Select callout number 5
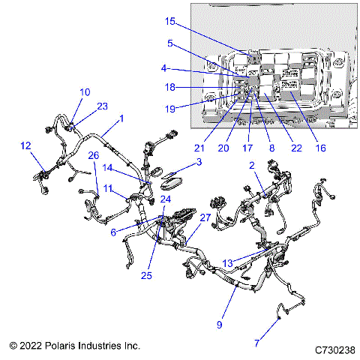click(x=171, y=43)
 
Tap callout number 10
click(x=85, y=92)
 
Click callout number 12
click(x=25, y=145)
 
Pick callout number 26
click(x=93, y=155)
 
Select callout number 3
click(x=198, y=161)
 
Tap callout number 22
click(x=296, y=148)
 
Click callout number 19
click(x=170, y=109)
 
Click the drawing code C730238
click(x=334, y=349)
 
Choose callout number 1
click(x=121, y=118)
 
